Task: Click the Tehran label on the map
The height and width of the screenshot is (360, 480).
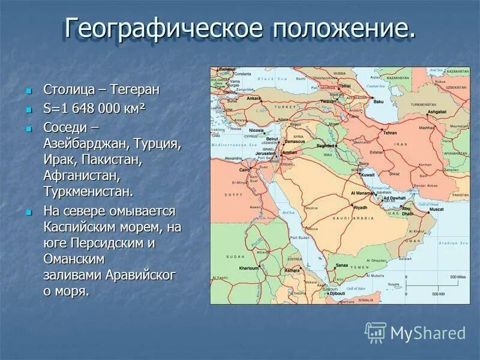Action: click(x=391, y=132)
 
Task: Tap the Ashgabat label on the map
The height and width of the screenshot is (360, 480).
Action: click(x=438, y=112)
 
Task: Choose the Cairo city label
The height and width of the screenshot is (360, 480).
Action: click(x=245, y=170)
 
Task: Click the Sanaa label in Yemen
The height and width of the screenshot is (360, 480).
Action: click(x=341, y=265)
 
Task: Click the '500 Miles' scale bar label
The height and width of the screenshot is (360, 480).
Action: click(x=457, y=277)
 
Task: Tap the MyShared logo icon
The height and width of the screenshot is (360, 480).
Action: click(x=376, y=332)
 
